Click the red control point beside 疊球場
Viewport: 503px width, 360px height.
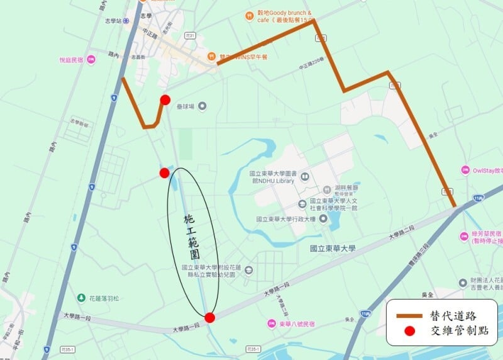tap(165, 99)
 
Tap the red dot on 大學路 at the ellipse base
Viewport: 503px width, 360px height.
tap(210, 317)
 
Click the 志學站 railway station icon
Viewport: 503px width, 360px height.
tap(126, 20)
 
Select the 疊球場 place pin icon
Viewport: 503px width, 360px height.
tap(202, 106)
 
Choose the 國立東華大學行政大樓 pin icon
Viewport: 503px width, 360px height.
tap(324, 218)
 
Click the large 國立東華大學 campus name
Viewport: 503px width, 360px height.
tap(333, 249)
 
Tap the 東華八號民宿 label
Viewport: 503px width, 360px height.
tap(295, 323)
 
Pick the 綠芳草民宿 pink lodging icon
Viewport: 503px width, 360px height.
tap(465, 237)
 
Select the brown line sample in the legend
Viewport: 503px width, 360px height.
tap(409, 314)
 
